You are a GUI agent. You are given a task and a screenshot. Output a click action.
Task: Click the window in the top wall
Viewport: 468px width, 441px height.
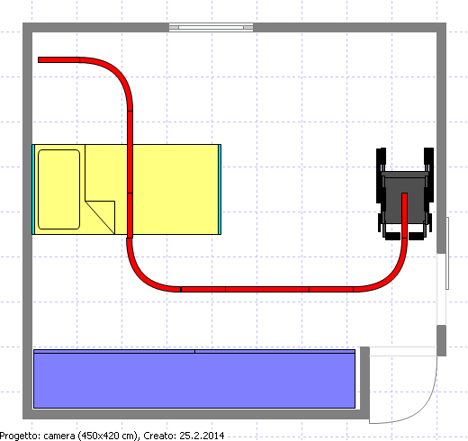tap(211, 27)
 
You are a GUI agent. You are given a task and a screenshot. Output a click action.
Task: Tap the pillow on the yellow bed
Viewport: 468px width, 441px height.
tap(59, 189)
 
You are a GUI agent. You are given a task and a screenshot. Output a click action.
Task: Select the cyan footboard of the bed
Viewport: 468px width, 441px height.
tap(220, 189)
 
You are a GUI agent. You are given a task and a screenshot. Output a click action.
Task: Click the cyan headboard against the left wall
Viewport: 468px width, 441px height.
tap(33, 189)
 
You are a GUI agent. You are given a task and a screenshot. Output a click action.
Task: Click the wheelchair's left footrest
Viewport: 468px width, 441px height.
tap(392, 236)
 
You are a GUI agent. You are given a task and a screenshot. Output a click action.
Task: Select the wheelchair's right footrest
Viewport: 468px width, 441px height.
tap(417, 236)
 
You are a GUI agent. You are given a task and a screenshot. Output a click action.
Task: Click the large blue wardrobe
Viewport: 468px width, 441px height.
tap(194, 379)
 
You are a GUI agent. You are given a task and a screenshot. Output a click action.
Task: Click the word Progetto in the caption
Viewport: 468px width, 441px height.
tap(15, 436)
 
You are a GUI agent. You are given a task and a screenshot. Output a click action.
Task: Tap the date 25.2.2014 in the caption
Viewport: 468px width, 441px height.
tap(202, 436)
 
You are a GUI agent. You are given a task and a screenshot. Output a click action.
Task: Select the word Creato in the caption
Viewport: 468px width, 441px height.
tap(159, 436)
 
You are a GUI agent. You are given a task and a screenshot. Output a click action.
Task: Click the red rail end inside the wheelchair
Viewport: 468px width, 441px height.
tap(404, 195)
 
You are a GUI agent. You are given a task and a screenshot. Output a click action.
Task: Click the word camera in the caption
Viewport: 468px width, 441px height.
tap(59, 436)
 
